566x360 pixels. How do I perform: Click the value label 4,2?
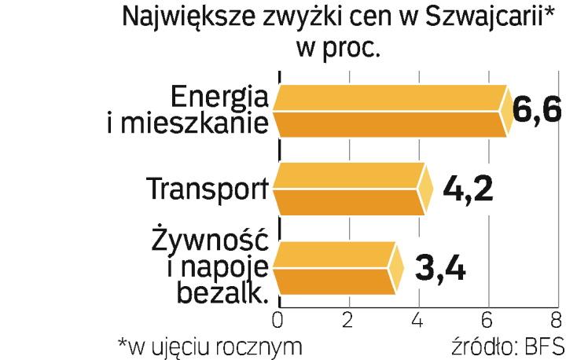point(468,190)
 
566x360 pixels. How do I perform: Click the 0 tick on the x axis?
point(277,320)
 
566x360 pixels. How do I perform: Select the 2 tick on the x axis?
point(347,320)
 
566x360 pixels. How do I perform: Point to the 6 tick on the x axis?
point(488,320)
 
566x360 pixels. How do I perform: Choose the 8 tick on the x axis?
point(557,320)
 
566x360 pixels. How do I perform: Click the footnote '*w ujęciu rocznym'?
point(208,346)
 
